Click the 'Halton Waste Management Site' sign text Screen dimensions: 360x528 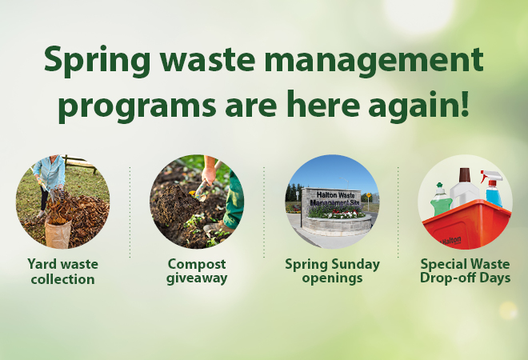331,198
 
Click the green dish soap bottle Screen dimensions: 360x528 441,199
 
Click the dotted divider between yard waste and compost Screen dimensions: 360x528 130,212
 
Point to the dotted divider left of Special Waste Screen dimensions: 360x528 398,212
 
